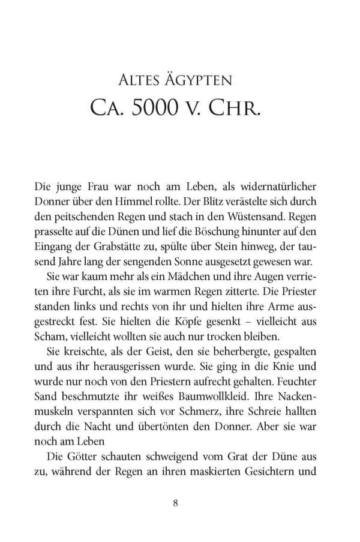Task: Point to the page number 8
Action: point(176,503)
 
